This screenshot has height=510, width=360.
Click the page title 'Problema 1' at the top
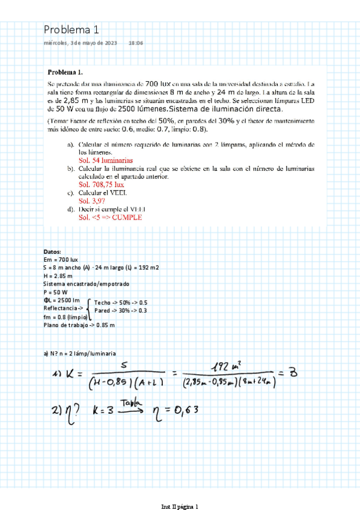pos(71,30)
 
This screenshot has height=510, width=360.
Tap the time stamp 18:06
pos(135,43)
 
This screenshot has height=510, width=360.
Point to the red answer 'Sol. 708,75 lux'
pos(98,185)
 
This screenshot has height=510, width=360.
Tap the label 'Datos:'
pos(52,252)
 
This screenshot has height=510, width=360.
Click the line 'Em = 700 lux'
pos(61,259)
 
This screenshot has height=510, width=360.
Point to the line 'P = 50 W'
pos(56,292)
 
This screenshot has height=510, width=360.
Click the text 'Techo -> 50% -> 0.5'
pos(121,303)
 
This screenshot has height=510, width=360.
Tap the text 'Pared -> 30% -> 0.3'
pos(121,310)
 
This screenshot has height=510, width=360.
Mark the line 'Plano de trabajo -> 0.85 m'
pos(79,325)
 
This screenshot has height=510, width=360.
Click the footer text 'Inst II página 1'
pos(180,506)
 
